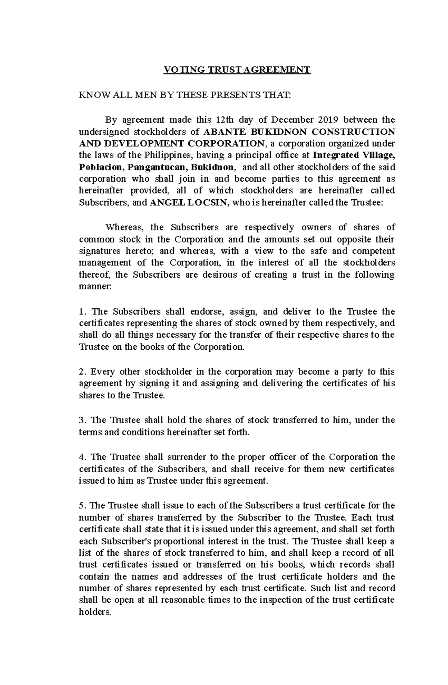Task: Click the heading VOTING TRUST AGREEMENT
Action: (237, 70)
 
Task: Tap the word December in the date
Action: (292, 120)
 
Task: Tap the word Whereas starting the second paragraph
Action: (121, 227)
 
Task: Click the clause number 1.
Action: (82, 311)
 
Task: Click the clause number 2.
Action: (82, 372)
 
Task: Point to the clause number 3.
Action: (82, 420)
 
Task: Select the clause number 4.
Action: (82, 457)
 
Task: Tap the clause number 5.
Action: (82, 506)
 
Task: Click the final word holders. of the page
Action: (95, 613)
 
